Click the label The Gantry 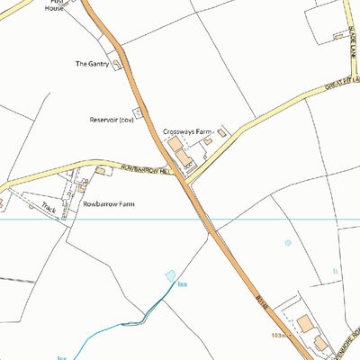pyautogui.click(x=92, y=64)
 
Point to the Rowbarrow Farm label pyautogui.click(x=108, y=204)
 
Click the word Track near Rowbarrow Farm pyautogui.click(x=48, y=209)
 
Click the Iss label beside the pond pyautogui.click(x=183, y=285)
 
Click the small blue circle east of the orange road pyautogui.click(x=288, y=242)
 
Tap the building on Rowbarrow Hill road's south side pyautogui.click(x=100, y=170)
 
